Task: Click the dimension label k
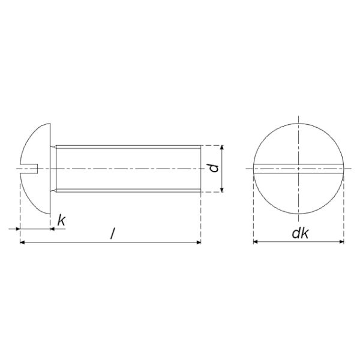(x=61, y=220)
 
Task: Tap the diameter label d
(x=213, y=169)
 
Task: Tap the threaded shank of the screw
(x=126, y=169)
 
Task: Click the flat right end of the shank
(x=200, y=169)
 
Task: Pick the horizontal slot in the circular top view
(x=298, y=169)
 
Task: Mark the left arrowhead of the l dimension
(x=23, y=242)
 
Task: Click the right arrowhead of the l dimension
(x=197, y=242)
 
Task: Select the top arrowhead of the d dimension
(x=221, y=148)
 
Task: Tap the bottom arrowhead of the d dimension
(x=221, y=190)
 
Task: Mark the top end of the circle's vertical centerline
(x=298, y=116)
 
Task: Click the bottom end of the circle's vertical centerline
(x=298, y=222)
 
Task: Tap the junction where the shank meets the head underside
(x=52, y=169)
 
